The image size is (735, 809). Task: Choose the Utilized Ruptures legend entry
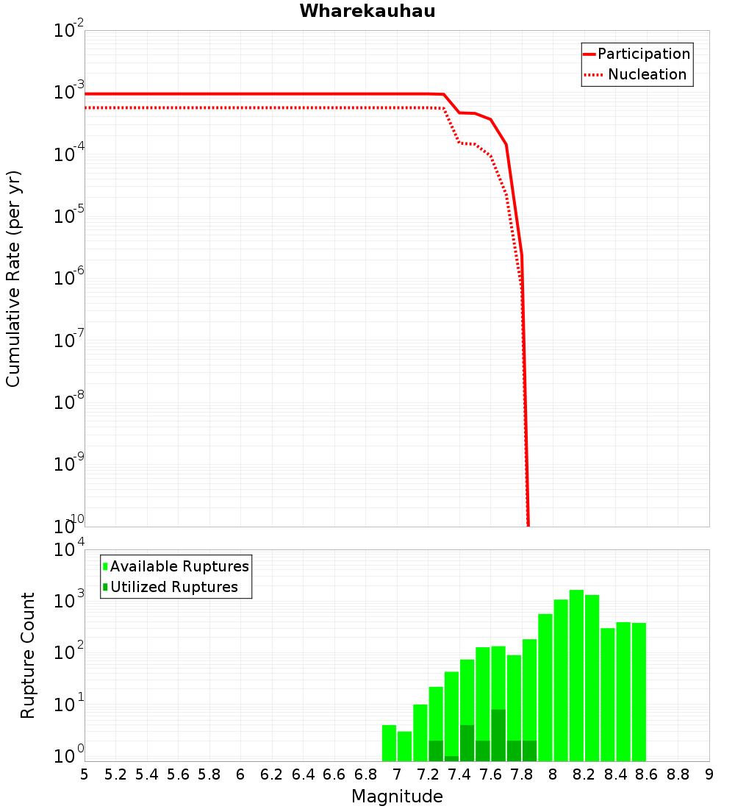tap(173, 587)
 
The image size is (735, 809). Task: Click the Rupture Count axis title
tap(28, 655)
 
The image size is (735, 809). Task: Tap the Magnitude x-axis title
tap(397, 796)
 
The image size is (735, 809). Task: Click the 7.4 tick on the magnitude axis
tap(459, 774)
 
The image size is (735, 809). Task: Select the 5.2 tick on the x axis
tap(116, 774)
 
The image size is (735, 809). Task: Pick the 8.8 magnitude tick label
tap(678, 774)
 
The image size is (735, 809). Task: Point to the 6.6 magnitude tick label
tap(334, 774)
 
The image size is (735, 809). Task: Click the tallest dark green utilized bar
tap(498, 735)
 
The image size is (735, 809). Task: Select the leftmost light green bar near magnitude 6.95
tap(389, 743)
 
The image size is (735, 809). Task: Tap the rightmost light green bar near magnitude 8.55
tap(639, 691)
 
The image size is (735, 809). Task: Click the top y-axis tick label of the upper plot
tap(69, 31)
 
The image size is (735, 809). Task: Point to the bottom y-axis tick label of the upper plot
tap(69, 525)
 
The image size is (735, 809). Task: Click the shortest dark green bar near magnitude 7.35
tap(451, 758)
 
